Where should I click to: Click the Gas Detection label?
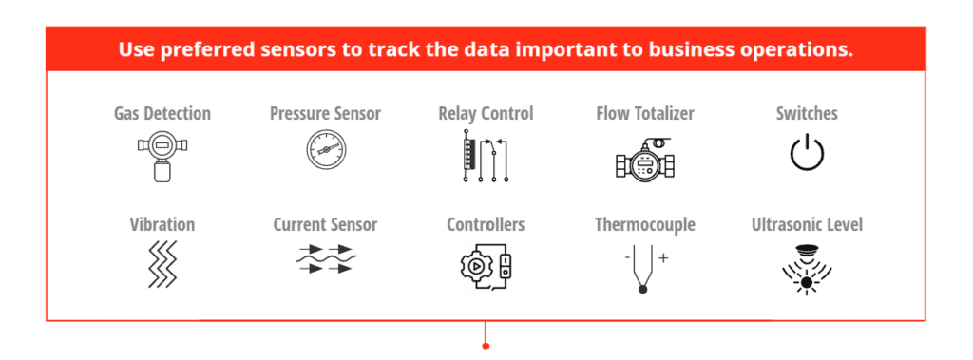(x=162, y=114)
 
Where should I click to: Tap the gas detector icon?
(x=162, y=156)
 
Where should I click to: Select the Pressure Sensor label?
(x=325, y=114)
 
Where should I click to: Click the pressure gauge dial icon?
(x=327, y=151)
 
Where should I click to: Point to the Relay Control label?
(x=486, y=114)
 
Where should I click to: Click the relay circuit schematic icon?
(x=486, y=156)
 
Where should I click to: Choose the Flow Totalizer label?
(x=645, y=114)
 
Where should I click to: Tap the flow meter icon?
(x=645, y=159)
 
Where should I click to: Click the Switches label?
(x=807, y=114)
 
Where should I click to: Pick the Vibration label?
(x=162, y=224)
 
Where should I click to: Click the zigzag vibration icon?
(x=162, y=264)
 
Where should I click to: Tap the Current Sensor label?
(x=325, y=224)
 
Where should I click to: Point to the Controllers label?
(x=486, y=224)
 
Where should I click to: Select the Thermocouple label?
(x=645, y=224)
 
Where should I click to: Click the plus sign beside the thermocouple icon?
(x=663, y=257)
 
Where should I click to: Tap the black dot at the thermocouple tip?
(x=643, y=290)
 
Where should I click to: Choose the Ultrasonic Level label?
(x=807, y=224)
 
